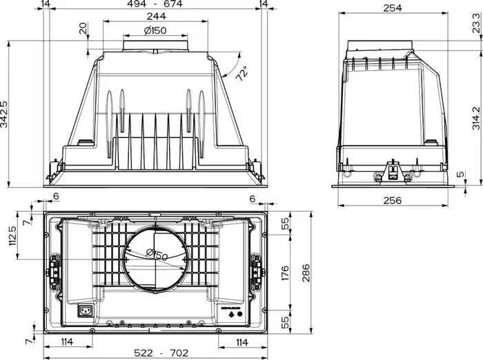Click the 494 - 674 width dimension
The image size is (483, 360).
point(154,6)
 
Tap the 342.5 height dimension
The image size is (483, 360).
point(5,113)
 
